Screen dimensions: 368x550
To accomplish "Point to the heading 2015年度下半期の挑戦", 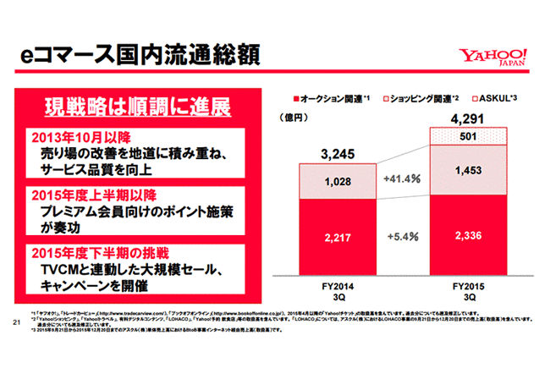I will point(95,252).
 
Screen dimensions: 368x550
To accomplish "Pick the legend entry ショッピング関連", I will point(420,99).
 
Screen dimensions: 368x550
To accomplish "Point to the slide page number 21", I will point(16,322).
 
